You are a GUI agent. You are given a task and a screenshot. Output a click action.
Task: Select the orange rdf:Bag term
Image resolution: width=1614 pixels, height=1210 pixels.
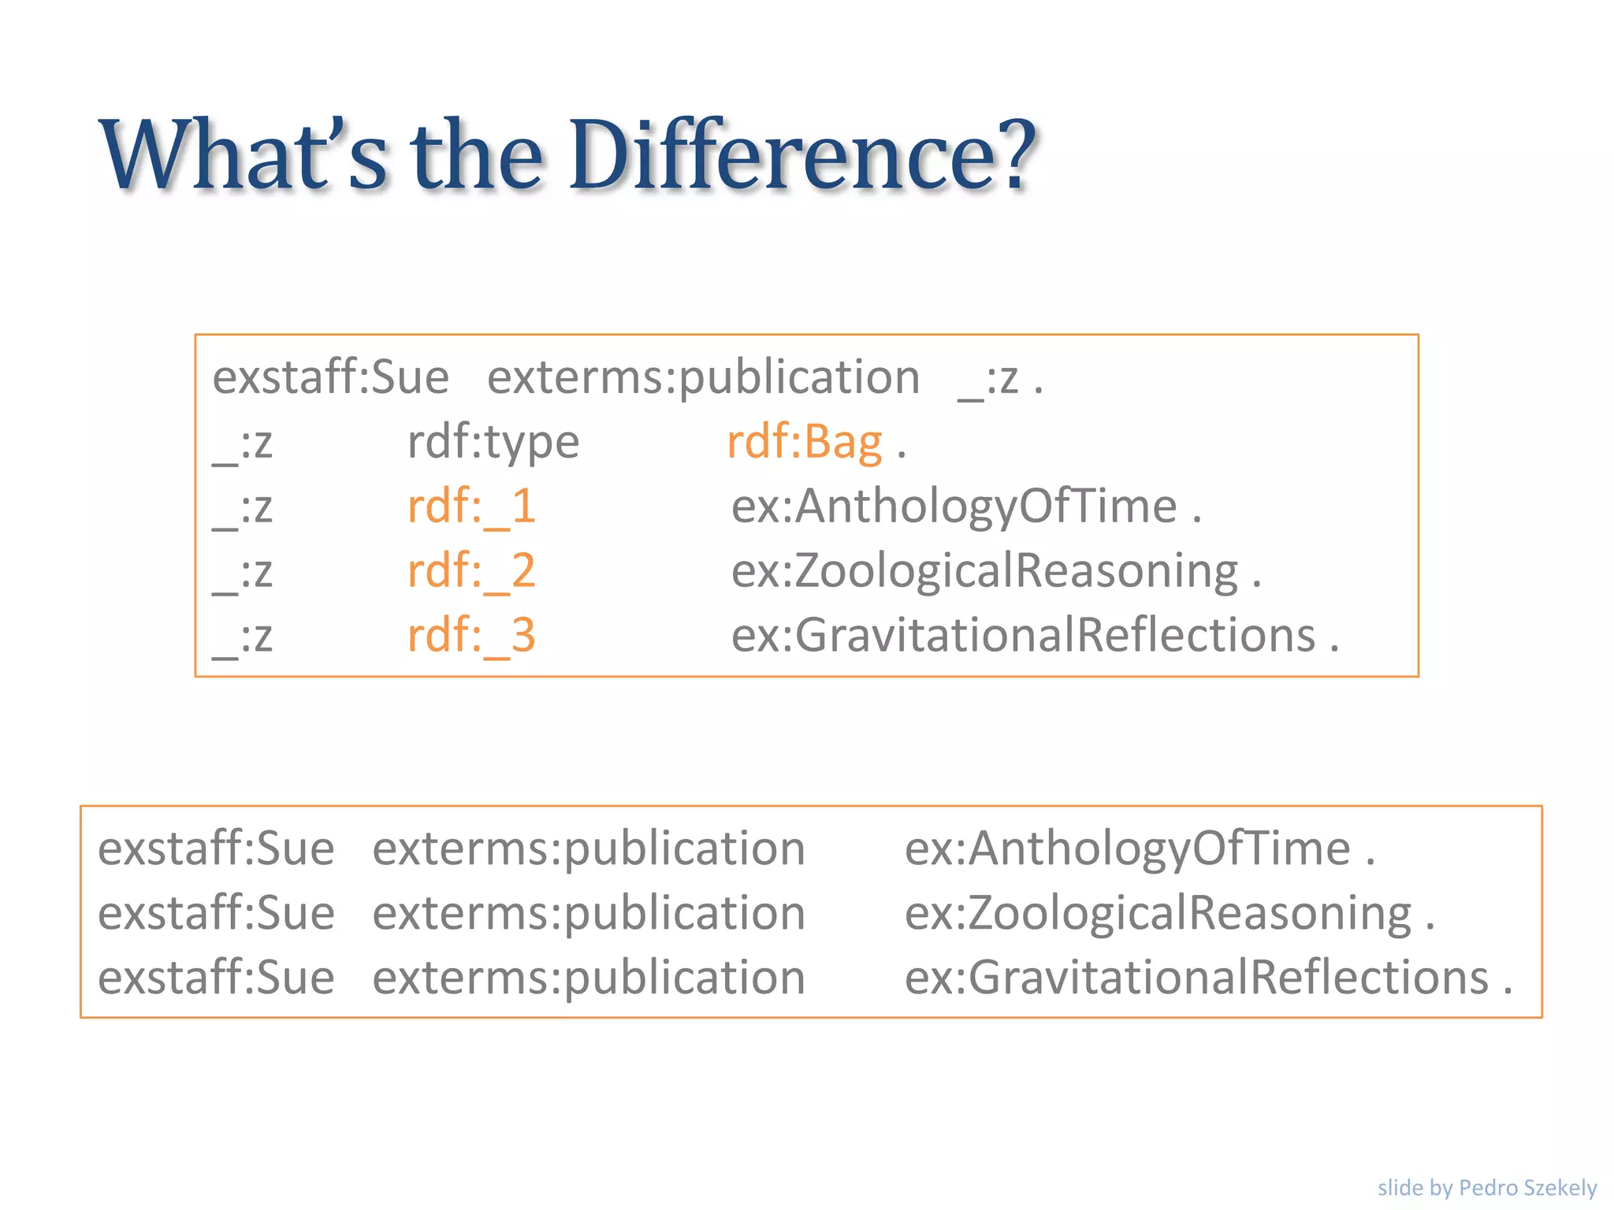(804, 442)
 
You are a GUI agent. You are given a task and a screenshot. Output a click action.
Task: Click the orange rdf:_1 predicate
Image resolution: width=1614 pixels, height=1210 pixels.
(471, 507)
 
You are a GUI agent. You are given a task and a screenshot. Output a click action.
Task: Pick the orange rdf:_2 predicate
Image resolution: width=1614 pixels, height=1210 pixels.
(471, 571)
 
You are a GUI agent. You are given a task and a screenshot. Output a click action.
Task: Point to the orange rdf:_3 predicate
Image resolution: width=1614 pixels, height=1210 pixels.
(471, 636)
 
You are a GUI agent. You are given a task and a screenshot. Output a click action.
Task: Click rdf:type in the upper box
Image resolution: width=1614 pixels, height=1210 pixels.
(493, 442)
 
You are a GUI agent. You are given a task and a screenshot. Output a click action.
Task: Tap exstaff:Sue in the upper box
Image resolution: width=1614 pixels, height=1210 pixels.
(331, 377)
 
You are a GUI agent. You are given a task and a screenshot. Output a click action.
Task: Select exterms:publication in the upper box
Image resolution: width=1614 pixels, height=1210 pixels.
(703, 377)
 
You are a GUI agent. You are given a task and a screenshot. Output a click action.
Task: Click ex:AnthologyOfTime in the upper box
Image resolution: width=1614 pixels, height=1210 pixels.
(954, 507)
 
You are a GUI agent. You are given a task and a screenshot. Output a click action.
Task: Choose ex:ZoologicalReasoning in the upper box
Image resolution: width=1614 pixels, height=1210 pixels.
(984, 571)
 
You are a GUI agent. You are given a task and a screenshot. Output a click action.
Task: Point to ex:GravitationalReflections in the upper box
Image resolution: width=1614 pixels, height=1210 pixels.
(1024, 636)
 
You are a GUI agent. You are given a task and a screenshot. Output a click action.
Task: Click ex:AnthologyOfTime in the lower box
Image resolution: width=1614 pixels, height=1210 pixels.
(1128, 849)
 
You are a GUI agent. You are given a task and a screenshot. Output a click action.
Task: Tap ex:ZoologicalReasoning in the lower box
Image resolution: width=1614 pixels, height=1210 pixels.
(1158, 914)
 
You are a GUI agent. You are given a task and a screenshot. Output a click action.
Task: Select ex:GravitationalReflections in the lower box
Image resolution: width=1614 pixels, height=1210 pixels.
(1197, 978)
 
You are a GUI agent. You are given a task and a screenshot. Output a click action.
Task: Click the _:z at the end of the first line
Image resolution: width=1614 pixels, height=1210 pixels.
(988, 379)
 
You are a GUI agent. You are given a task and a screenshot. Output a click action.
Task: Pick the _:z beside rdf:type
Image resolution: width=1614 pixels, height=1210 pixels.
(243, 444)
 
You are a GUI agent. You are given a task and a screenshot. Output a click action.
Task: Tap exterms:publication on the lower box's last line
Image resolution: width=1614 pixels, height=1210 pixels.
(589, 978)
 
